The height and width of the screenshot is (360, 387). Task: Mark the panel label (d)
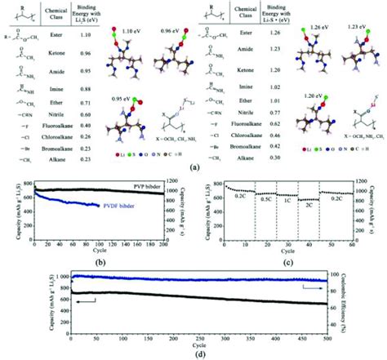[193, 353]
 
